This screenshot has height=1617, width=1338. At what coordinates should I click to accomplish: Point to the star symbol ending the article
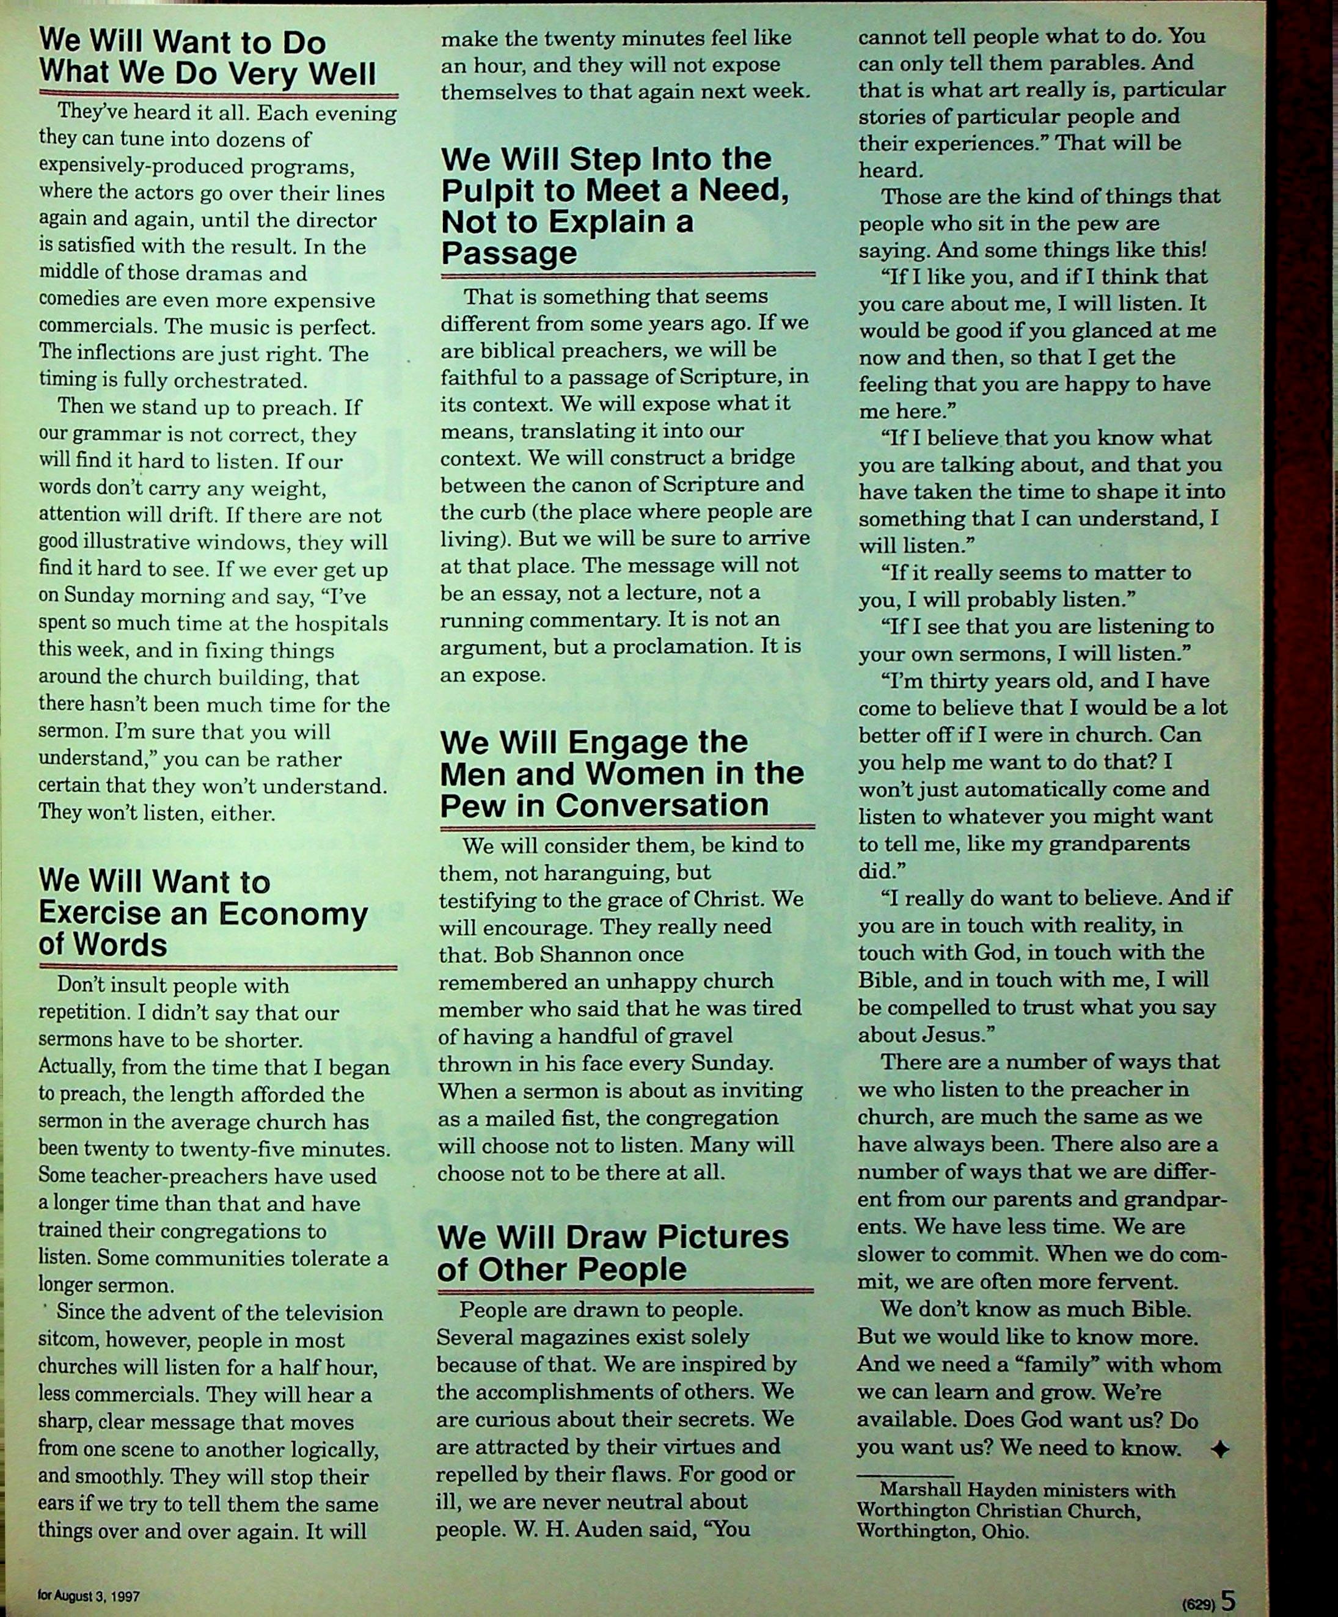pos(1219,1449)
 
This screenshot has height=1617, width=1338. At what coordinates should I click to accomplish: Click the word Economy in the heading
pos(295,914)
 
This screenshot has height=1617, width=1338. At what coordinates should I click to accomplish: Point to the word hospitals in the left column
pos(337,624)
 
